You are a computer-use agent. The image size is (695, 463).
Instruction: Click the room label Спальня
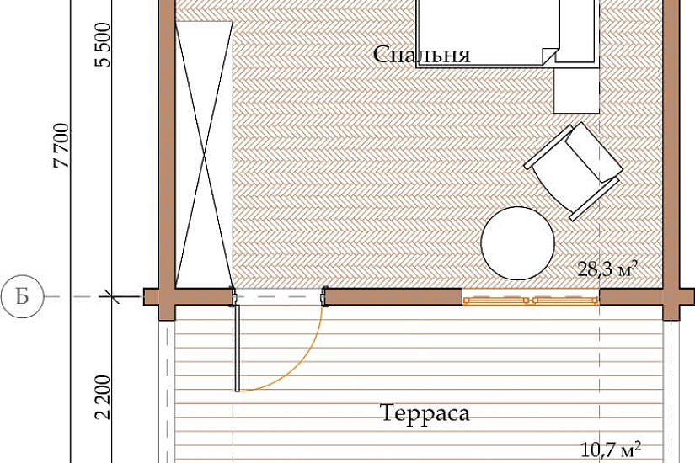(421, 55)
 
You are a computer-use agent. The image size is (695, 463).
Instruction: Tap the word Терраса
(425, 413)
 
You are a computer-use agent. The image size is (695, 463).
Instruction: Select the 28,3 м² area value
(607, 269)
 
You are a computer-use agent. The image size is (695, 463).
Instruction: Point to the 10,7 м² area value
(611, 450)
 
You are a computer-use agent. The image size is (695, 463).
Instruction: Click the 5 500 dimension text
(103, 45)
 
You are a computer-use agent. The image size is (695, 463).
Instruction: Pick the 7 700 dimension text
(61, 146)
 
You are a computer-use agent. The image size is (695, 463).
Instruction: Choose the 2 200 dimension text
(103, 397)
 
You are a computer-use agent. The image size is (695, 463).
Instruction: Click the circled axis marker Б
(22, 296)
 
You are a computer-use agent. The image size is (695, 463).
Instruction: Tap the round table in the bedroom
(518, 243)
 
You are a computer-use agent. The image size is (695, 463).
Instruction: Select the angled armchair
(574, 172)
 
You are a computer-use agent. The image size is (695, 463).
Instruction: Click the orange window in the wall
(531, 299)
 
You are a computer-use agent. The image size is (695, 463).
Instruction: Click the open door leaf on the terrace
(237, 349)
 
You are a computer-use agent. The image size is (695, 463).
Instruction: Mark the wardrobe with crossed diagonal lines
(204, 155)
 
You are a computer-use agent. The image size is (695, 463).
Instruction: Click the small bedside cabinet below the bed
(576, 90)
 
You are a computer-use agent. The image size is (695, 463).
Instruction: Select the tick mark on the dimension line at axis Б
(111, 296)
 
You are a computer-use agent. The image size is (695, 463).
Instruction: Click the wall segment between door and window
(393, 297)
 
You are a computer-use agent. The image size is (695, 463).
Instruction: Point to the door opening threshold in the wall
(279, 297)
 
